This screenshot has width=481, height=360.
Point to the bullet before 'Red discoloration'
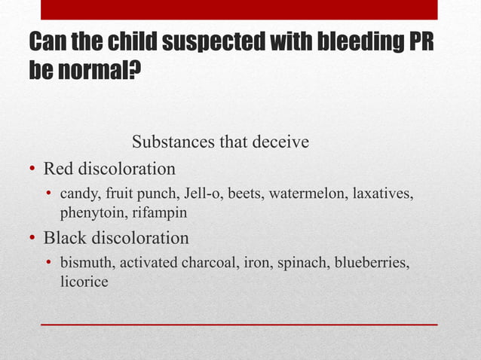pos(32,168)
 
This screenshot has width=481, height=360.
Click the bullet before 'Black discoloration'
pos(32,239)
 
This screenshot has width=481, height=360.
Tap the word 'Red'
pos(58,167)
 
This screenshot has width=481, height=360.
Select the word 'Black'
pos(64,238)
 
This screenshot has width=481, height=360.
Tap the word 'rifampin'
pos(157,213)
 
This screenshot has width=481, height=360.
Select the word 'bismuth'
pos(85,263)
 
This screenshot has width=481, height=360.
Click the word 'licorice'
pos(84,282)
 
